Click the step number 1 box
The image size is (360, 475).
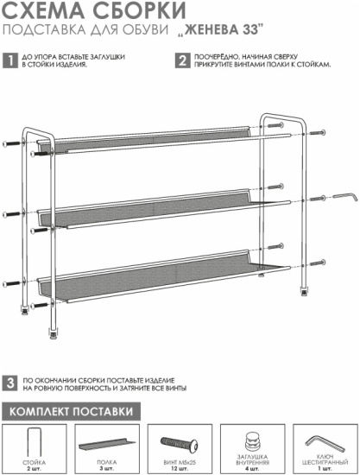[10, 60]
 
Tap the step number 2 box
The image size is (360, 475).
[182, 60]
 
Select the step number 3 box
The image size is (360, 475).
[10, 383]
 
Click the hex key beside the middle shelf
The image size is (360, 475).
[345, 197]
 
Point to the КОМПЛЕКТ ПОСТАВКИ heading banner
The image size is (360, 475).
[72, 411]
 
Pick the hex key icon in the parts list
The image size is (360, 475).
[325, 444]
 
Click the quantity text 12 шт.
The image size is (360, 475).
[180, 469]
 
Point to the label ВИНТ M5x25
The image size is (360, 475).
[180, 463]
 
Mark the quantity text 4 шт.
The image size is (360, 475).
[252, 469]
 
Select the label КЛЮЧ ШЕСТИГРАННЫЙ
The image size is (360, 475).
[325, 459]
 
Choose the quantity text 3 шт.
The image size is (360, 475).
[107, 469]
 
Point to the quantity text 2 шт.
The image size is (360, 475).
[35, 469]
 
